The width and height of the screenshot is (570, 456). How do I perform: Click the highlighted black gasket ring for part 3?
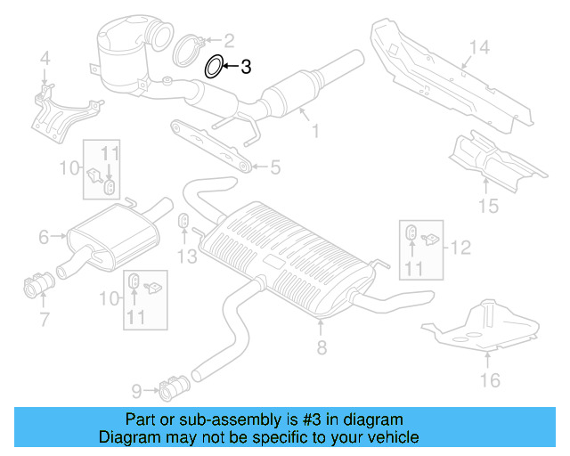[214, 66]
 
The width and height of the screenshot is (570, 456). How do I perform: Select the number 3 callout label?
[247, 66]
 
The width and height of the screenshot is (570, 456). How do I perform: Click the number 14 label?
[479, 47]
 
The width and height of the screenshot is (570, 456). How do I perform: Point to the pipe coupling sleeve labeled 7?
[38, 287]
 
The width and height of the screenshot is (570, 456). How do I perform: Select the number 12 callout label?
[459, 247]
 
